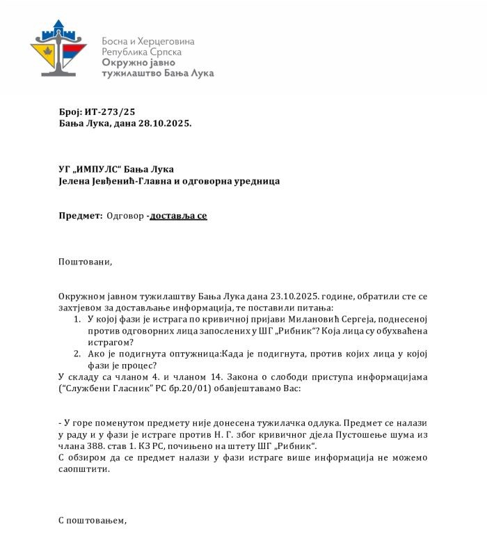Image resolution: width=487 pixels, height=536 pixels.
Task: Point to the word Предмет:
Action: click(80, 216)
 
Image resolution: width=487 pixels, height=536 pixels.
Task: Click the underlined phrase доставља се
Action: click(179, 216)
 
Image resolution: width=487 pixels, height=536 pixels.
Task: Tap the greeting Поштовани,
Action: click(85, 262)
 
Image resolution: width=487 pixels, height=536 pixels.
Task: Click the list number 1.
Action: click(77, 320)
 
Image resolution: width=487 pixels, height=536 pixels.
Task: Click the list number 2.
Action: click(77, 354)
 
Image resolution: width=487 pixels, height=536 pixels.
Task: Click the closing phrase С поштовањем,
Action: click(93, 520)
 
